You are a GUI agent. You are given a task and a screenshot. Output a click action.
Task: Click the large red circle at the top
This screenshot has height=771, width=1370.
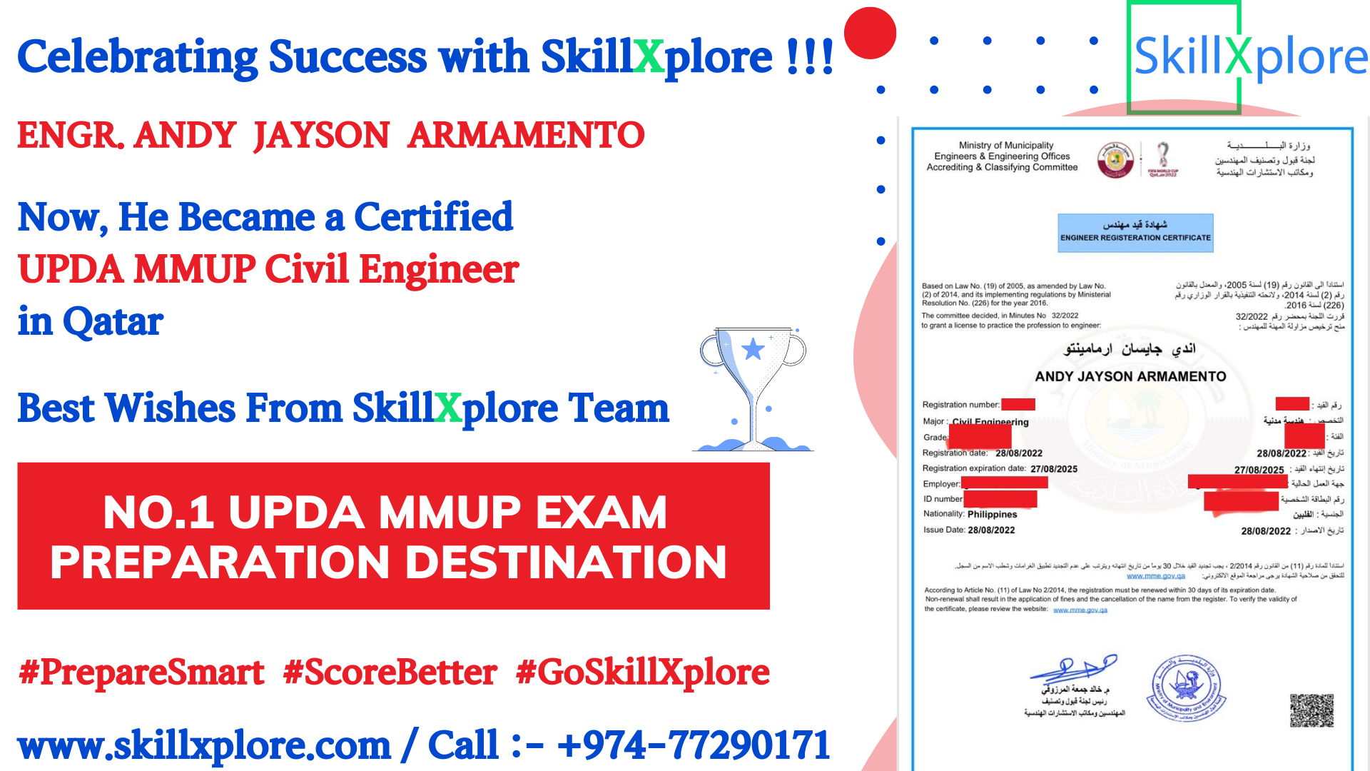[870, 33]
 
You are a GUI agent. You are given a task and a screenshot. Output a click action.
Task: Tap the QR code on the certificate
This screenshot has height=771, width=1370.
[1311, 710]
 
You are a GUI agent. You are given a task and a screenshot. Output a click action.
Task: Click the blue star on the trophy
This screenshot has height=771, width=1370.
[753, 349]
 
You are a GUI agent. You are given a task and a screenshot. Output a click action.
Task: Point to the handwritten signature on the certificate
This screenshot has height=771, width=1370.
[1073, 668]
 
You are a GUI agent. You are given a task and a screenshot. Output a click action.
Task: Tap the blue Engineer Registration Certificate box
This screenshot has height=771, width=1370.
[1135, 233]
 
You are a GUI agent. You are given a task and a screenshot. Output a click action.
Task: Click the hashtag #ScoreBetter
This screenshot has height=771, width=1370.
[390, 672]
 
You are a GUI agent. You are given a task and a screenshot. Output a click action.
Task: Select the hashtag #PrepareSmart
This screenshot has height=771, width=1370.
[141, 672]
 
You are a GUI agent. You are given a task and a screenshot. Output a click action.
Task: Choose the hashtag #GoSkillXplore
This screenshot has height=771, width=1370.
[642, 672]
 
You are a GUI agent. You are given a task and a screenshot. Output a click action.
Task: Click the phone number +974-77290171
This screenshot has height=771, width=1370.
[694, 745]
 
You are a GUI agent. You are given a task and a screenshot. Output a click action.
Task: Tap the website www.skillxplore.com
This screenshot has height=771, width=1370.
[204, 745]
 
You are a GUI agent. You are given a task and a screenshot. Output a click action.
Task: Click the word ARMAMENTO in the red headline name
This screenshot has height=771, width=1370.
[526, 135]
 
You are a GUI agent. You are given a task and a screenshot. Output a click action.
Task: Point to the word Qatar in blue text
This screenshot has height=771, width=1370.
[113, 321]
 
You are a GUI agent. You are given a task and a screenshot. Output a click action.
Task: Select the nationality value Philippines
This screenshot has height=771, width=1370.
[992, 514]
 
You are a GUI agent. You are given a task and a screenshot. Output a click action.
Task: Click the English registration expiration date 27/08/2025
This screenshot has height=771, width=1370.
[1054, 469]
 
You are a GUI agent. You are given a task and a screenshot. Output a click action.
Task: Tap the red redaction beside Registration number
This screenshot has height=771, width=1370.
[1018, 405]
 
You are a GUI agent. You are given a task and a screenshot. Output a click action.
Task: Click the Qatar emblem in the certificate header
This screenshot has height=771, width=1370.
[1115, 159]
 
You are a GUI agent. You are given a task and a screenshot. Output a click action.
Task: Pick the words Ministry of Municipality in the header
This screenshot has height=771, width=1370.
[1005, 145]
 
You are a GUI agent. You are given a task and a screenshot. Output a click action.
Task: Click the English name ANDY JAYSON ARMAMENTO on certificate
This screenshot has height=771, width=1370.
[1130, 376]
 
